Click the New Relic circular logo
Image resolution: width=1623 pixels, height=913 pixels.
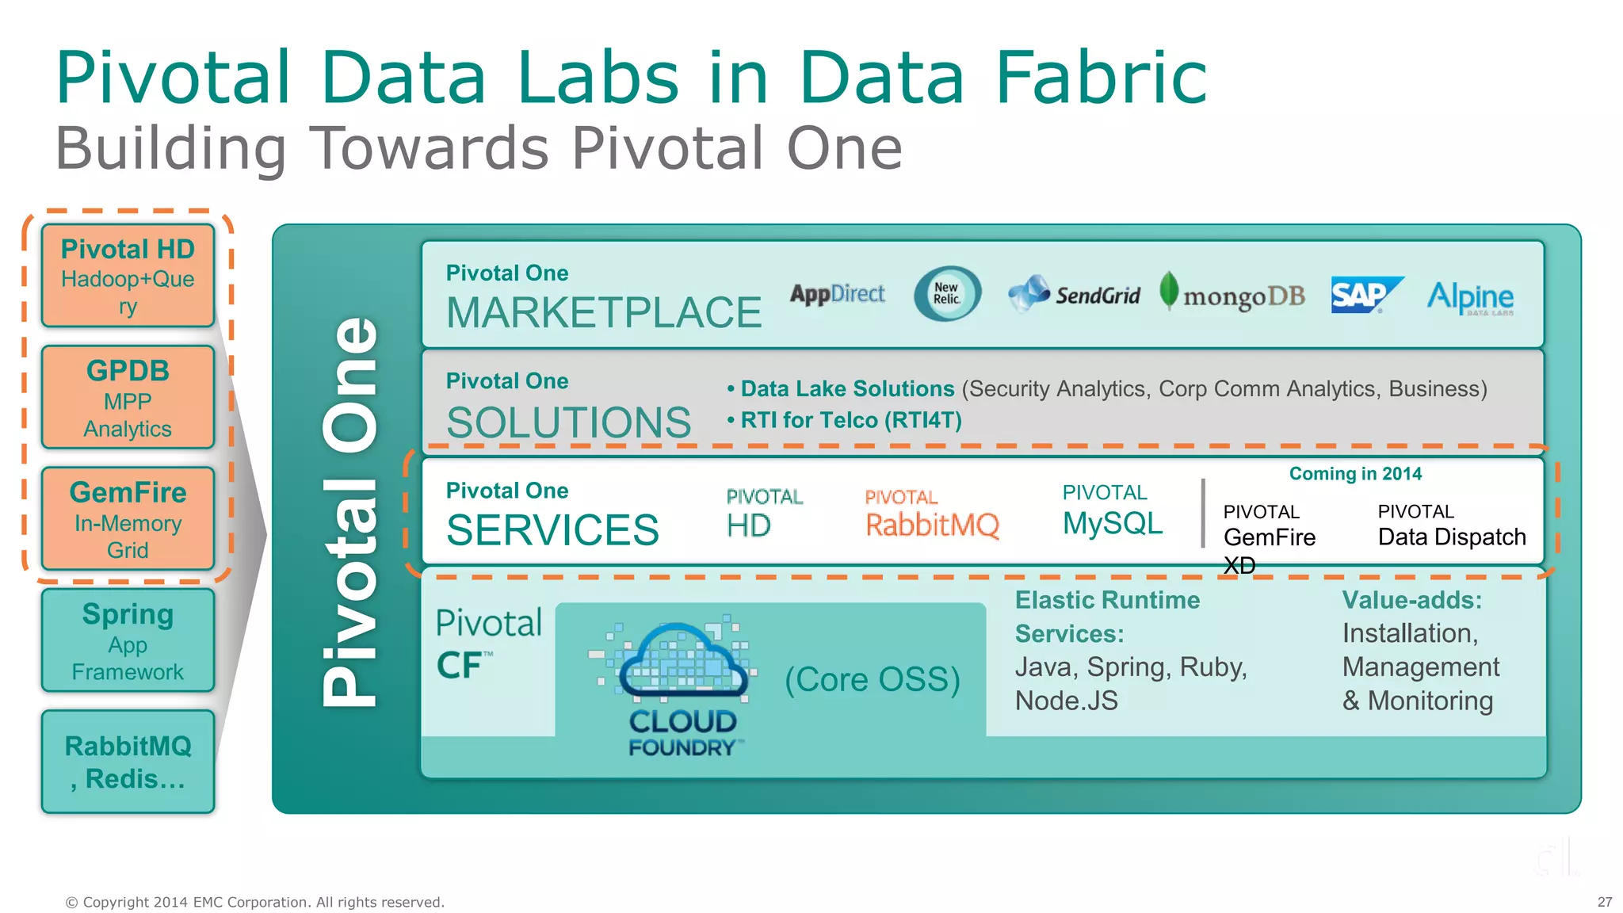947,294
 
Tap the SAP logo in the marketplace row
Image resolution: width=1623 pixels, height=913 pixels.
1365,296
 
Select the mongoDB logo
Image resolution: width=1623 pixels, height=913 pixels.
1233,295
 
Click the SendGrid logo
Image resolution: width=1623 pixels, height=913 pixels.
1075,295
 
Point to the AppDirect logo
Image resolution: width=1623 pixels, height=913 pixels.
837,294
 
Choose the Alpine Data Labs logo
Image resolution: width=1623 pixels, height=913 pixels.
1470,297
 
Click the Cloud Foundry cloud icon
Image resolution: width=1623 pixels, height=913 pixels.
682,663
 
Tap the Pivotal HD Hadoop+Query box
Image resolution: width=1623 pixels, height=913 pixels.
128,276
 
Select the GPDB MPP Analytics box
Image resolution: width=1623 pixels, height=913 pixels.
128,398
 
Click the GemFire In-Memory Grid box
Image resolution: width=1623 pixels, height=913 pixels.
128,519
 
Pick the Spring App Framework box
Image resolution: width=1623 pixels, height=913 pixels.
128,640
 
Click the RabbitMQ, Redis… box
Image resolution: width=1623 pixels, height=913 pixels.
128,762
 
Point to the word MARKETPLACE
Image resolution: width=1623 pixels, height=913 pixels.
603,312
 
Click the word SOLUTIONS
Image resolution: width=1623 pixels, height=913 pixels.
568,422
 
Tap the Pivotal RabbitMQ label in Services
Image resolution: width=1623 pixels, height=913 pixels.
931,515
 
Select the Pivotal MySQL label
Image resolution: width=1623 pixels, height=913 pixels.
1112,511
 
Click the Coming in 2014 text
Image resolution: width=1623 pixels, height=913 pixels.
1355,474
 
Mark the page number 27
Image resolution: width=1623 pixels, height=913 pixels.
1604,902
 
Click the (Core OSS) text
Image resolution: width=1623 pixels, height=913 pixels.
872,679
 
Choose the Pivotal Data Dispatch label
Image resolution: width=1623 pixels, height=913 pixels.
1450,526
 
